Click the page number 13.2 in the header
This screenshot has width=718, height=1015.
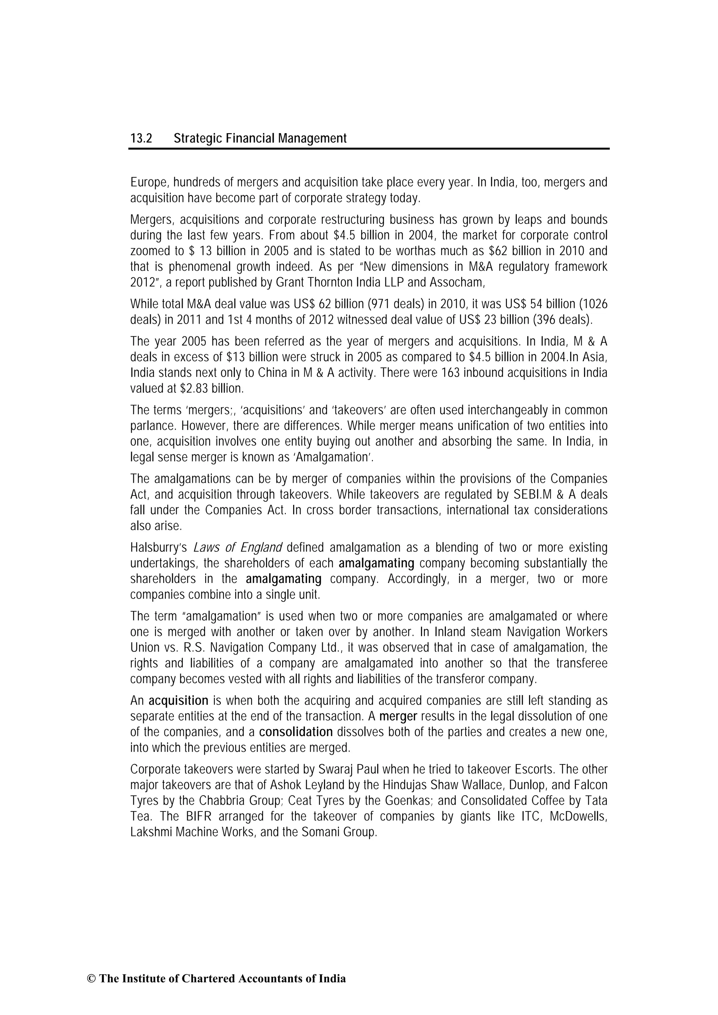click(141, 139)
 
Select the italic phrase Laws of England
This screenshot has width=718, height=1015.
click(238, 548)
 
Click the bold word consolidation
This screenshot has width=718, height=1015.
click(296, 732)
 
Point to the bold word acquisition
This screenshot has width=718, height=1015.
click(178, 700)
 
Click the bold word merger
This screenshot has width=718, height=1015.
click(398, 716)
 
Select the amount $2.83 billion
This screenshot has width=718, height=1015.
click(211, 389)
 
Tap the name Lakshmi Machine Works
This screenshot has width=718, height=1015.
click(192, 832)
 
